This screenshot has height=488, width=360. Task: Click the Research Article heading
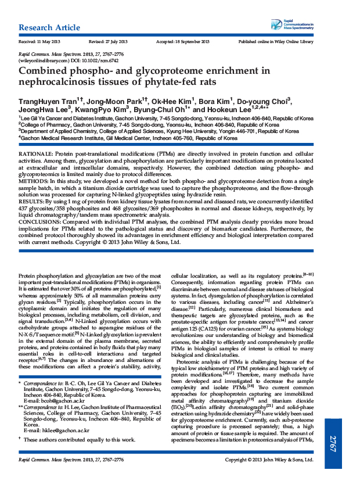point(51,28)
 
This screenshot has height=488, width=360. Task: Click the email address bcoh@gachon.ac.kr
point(56,401)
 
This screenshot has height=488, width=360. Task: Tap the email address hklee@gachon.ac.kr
point(56,430)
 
